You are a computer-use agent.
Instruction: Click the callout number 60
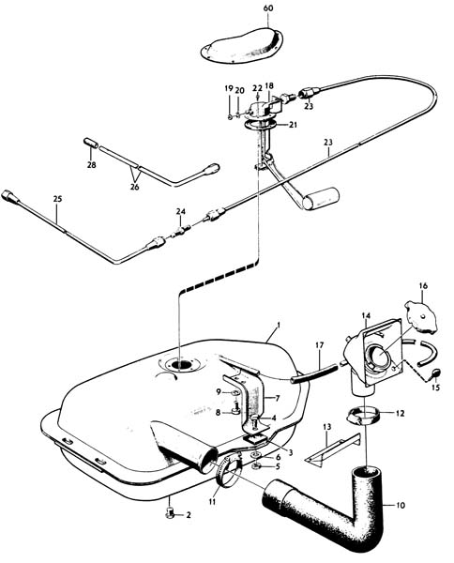tap(268, 8)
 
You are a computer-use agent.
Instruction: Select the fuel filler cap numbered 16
tap(420, 317)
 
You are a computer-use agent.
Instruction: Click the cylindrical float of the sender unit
tap(321, 199)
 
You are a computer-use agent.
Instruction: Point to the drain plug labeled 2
tap(170, 513)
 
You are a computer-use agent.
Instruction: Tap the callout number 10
tap(401, 505)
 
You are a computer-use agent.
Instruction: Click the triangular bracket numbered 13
tap(332, 449)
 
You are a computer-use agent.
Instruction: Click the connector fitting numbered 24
tap(181, 231)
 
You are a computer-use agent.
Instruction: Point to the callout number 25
tap(57, 199)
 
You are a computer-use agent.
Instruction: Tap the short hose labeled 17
tap(314, 373)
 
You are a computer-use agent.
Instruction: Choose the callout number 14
tap(366, 316)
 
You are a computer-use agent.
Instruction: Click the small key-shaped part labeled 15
tap(435, 374)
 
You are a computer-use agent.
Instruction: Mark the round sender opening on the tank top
tap(182, 365)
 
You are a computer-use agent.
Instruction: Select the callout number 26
tap(134, 187)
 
